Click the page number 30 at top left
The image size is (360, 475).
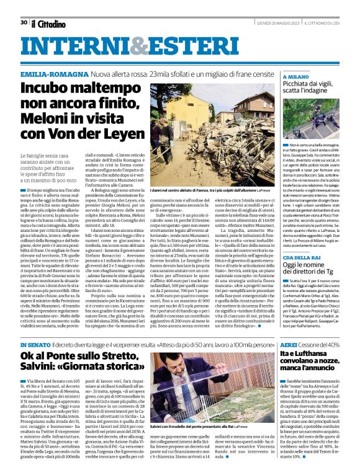coord(24,22)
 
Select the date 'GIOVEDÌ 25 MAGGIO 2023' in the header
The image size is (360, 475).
coord(281,23)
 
